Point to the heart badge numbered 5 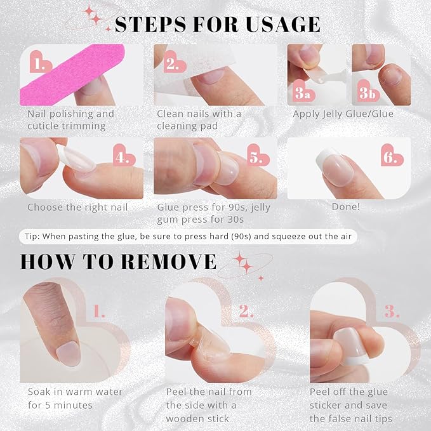click(255, 156)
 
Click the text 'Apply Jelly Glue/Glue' click(343, 114)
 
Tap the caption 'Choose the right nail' click(77, 207)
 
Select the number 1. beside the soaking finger click(100, 311)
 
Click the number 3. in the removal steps click(392, 311)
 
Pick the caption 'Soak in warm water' click(75, 392)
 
